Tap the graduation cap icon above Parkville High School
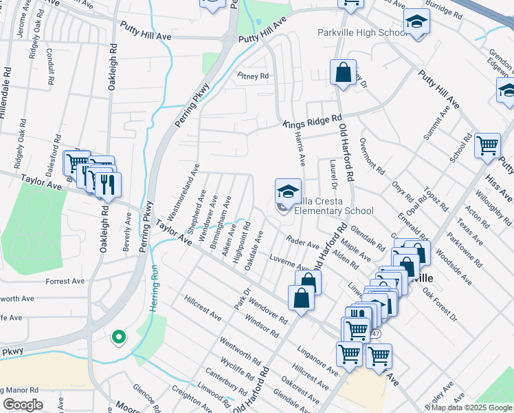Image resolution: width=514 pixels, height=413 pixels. [416, 23]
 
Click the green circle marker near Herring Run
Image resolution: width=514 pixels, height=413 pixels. [119, 337]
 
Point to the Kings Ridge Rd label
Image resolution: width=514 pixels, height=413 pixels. [313, 122]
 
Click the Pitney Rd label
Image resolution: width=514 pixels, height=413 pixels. [253, 76]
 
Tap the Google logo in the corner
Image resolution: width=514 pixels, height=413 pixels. [23, 405]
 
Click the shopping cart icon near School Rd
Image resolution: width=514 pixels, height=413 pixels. [487, 146]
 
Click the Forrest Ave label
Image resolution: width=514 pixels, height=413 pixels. [65, 282]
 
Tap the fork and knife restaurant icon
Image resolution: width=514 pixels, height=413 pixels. [107, 184]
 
